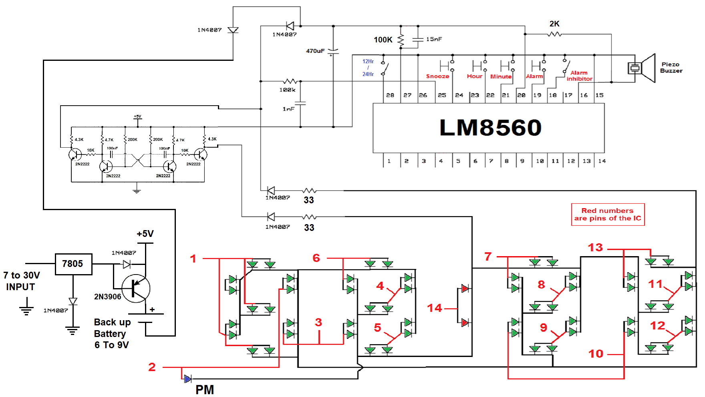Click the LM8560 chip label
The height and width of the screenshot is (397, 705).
(490, 128)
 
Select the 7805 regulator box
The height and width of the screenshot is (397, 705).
(73, 264)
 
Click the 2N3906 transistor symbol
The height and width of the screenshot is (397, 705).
(136, 288)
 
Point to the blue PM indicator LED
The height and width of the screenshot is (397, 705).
(187, 379)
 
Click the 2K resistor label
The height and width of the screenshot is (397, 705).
(554, 24)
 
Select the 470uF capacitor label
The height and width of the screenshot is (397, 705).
(315, 51)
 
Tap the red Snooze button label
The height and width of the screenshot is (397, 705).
(437, 76)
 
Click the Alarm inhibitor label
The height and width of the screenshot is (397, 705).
(579, 76)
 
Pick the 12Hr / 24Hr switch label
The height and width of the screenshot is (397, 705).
(368, 68)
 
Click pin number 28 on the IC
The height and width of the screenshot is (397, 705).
(390, 95)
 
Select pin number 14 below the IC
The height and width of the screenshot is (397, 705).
(602, 161)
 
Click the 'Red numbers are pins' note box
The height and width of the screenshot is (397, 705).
(608, 215)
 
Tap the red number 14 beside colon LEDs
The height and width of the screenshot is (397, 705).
(435, 308)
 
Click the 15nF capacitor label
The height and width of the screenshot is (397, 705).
(434, 39)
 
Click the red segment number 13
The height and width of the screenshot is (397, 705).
(595, 247)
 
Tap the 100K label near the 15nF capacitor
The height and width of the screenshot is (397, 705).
(383, 40)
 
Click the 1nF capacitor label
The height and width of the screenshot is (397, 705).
(288, 109)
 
